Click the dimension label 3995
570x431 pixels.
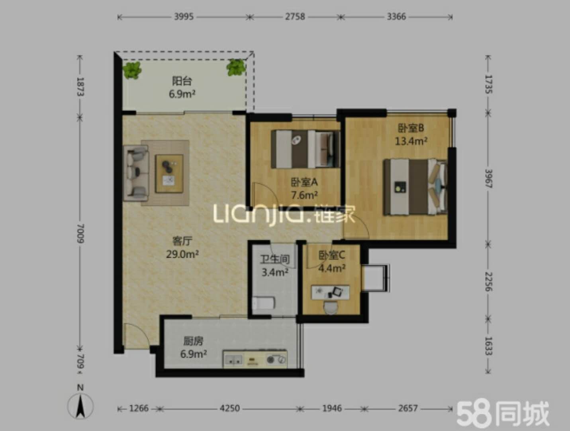[184, 17]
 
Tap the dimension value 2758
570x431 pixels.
[295, 17]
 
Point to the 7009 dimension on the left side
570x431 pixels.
[80, 233]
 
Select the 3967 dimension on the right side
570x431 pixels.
[488, 178]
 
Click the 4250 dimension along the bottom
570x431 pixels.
[230, 408]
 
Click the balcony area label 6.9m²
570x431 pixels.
[182, 94]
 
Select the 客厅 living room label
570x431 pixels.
[182, 241]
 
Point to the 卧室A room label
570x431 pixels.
[304, 182]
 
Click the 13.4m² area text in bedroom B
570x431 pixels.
[411, 141]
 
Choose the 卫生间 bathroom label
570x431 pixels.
[275, 259]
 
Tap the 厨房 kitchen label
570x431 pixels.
[193, 341]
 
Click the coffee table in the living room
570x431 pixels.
[169, 174]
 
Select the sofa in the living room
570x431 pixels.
[136, 173]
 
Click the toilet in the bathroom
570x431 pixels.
[264, 303]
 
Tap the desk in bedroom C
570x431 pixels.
[330, 292]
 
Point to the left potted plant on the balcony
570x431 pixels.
[132, 70]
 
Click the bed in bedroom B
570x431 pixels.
[415, 187]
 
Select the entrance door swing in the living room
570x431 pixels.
[137, 336]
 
